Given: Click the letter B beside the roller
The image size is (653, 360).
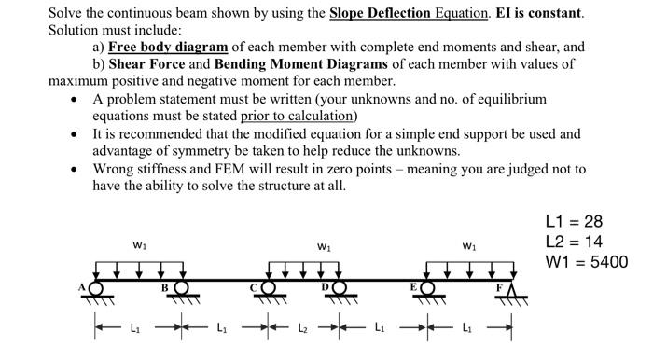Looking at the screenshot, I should (165, 287).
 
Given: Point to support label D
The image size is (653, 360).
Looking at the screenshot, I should (326, 286).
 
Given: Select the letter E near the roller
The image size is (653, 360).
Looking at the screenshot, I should (413, 287).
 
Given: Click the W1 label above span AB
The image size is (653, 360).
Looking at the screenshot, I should (139, 246).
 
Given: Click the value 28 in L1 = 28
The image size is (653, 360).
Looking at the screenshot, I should (592, 221).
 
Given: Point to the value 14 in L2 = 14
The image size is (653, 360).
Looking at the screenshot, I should (592, 241).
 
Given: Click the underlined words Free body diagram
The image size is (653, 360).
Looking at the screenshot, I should (168, 47).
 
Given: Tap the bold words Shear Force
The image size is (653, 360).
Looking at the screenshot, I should (147, 63).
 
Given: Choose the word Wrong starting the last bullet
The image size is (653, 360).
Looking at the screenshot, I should (114, 169).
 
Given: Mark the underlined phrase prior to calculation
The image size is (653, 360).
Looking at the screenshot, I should (298, 116).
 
